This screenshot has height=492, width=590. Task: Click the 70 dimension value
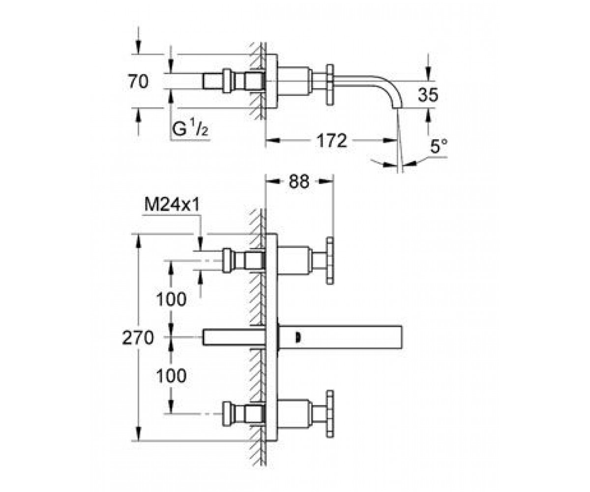(138, 82)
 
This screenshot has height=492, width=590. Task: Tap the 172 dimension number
(332, 141)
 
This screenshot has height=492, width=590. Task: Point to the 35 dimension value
(428, 95)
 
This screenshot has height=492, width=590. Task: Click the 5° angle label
(439, 146)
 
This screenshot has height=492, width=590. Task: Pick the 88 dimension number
(299, 182)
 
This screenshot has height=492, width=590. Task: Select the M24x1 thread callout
(172, 204)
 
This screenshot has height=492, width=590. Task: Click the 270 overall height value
(138, 338)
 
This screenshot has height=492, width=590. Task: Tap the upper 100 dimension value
(171, 299)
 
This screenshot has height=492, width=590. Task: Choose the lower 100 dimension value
(171, 376)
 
